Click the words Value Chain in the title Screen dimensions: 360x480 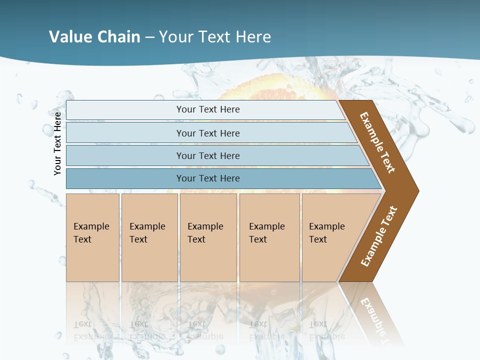(94, 37)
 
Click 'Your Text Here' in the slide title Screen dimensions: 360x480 (215, 37)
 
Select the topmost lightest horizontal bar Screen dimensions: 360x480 (125, 110)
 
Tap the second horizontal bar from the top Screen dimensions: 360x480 (125, 133)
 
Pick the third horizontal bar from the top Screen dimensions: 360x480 (125, 155)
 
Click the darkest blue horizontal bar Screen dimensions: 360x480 (125, 178)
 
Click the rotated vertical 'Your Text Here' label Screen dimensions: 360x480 (57, 143)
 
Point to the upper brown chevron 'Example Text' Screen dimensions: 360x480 (378, 142)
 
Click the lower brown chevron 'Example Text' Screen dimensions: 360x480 (379, 236)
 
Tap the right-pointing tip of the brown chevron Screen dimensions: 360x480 (416, 190)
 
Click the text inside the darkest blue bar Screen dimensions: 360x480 (208, 178)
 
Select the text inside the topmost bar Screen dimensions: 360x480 (208, 109)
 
